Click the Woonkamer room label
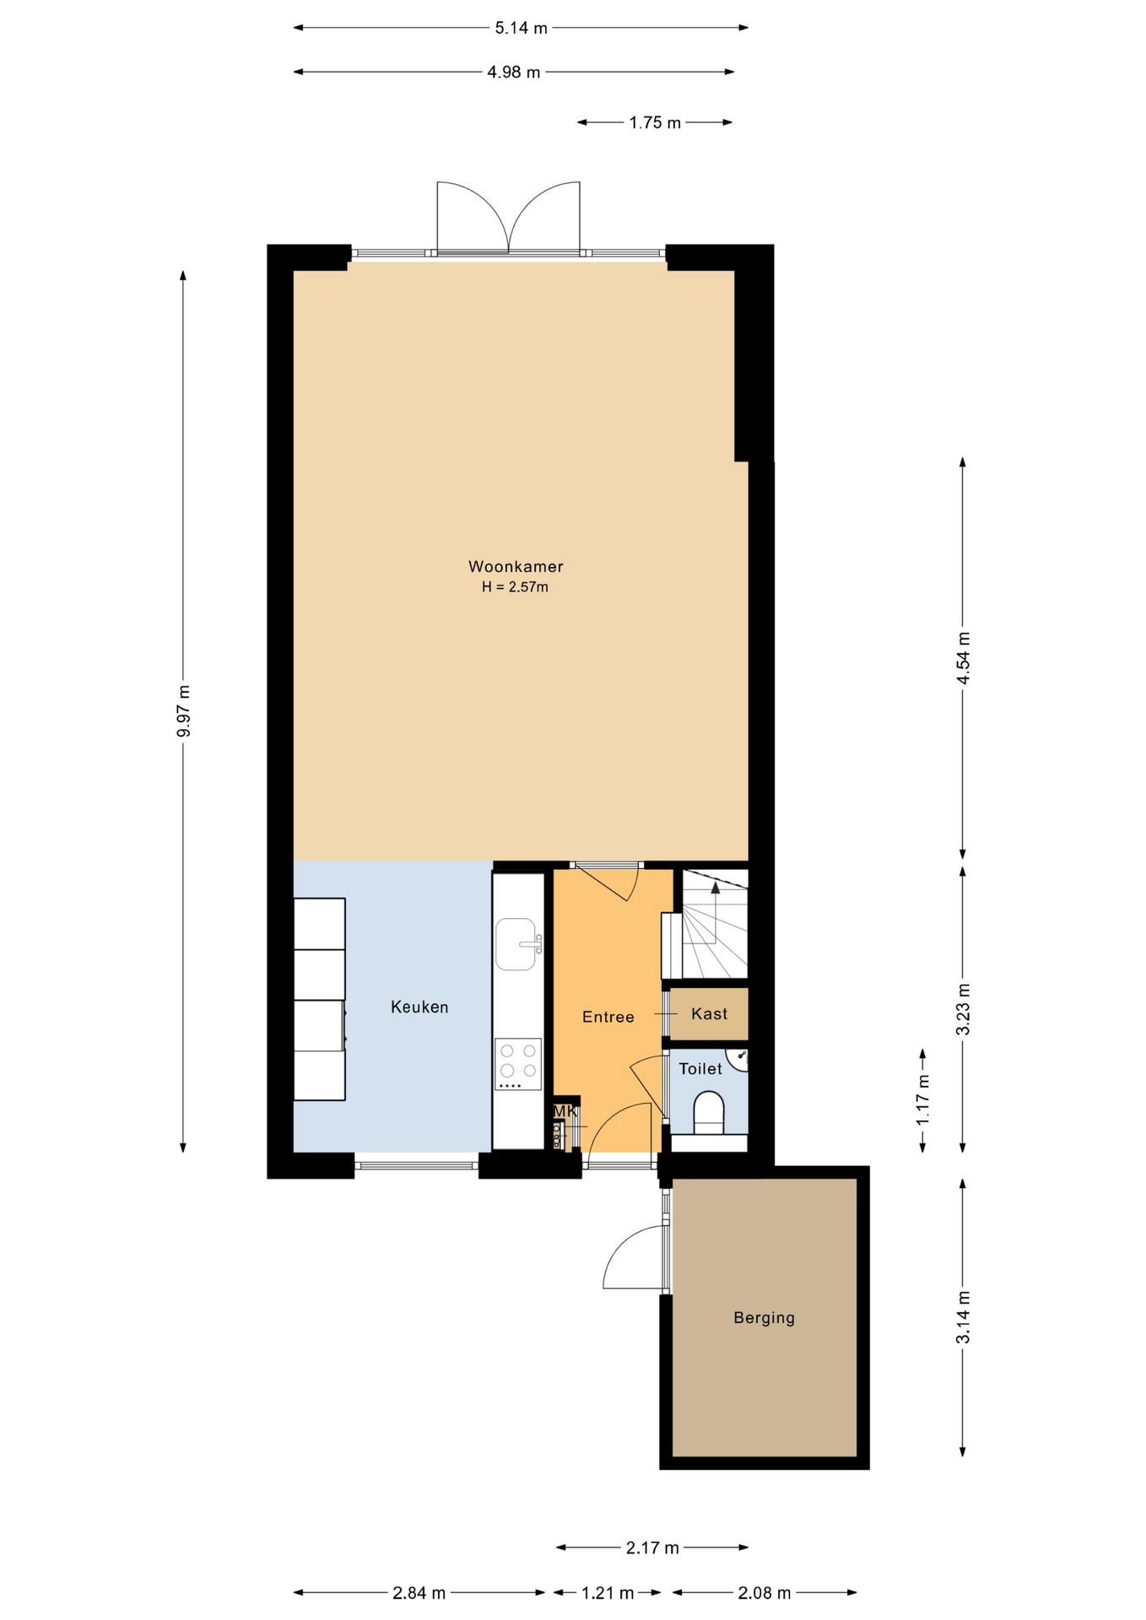coord(516,566)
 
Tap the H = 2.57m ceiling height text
coord(515,587)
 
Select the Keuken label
coord(419,1007)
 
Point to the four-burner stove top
coord(518,1064)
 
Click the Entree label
coord(608,1017)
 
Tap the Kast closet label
coord(709,1013)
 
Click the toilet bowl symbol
coord(709,1113)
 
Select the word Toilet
coord(700,1068)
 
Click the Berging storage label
coord(764,1318)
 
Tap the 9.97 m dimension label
coord(184,710)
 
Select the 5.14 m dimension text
coord(521,28)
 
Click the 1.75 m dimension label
coord(655,122)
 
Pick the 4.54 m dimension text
coord(964,658)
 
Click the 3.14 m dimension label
coord(964,1318)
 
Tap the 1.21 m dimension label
coord(608,1593)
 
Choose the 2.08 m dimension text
coord(765,1593)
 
